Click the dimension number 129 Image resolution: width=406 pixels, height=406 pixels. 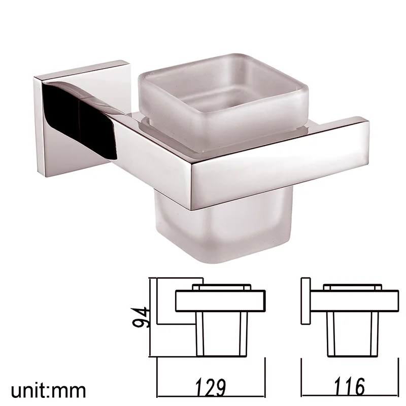pos(210,388)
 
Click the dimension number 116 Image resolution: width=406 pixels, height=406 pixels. pos(349,386)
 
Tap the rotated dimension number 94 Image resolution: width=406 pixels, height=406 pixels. pos(140,318)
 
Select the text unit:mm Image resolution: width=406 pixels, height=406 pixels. pos(48,391)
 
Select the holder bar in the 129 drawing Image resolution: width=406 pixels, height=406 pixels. pos(220,300)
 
